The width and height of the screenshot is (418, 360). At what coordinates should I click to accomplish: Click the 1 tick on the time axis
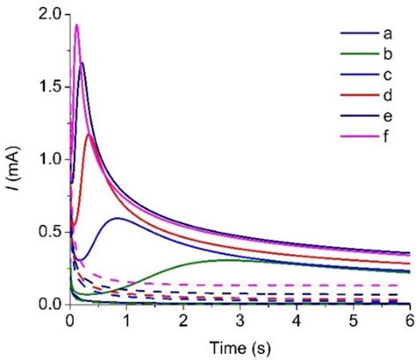tap(127, 321)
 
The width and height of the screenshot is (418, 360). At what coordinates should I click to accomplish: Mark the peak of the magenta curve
tap(77, 25)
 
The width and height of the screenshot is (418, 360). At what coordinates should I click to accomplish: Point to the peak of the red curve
tap(89, 134)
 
